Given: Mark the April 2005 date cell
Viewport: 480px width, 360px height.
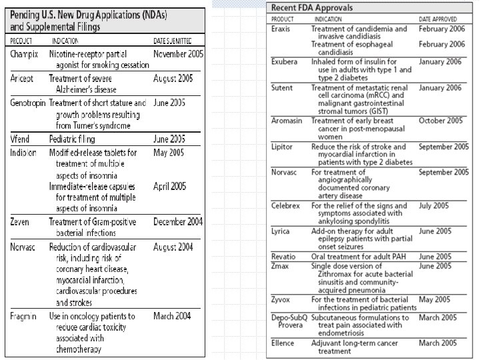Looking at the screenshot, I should pyautogui.click(x=169, y=187).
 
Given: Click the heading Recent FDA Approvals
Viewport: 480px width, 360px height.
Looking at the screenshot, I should pyautogui.click(x=312, y=7).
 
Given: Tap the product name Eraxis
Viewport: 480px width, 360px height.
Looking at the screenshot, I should pyautogui.click(x=282, y=29).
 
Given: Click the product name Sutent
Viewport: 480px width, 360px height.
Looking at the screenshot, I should pyautogui.click(x=283, y=87).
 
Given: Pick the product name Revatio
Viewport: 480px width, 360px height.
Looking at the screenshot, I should pyautogui.click(x=284, y=257).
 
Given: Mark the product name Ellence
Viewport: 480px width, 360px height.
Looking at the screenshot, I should pyautogui.click(x=283, y=343).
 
